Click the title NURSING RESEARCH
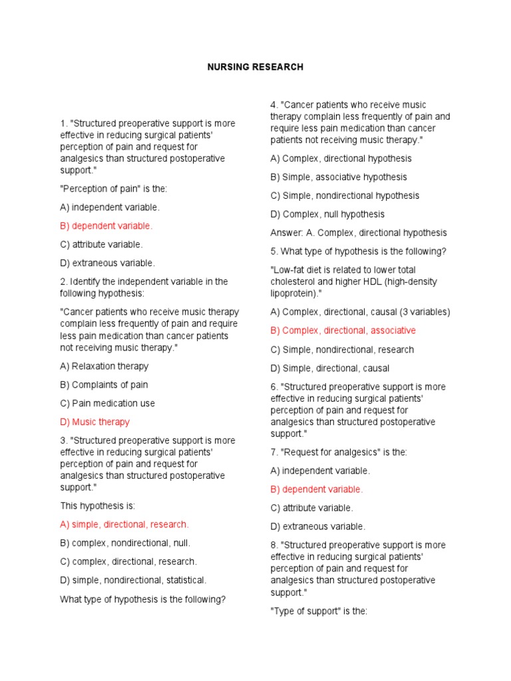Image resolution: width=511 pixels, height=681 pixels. coord(255,67)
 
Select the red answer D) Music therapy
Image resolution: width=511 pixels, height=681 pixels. coord(95,422)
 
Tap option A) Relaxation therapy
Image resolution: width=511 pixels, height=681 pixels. coord(104,366)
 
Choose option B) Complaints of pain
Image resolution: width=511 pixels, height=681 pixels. coord(104,384)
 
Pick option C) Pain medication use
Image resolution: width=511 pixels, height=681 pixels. coord(108,403)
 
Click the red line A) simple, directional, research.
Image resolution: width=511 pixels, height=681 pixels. coord(124,524)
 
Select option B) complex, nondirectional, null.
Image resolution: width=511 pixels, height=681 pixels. coord(126,543)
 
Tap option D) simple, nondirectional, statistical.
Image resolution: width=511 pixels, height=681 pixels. coord(134,580)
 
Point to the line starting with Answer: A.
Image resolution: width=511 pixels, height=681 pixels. coord(359,233)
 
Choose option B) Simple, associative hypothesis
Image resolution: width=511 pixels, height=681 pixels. coord(339,177)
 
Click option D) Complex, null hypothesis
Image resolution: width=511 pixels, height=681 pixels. coord(327,214)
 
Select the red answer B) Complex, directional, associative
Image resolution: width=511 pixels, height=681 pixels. coord(343,331)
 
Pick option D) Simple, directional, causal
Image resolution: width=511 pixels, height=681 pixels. coord(330,368)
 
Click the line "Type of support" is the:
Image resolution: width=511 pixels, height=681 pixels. coord(319,611)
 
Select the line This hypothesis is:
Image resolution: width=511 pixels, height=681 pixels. coord(98,505)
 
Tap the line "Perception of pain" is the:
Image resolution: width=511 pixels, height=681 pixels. coord(105,188)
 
